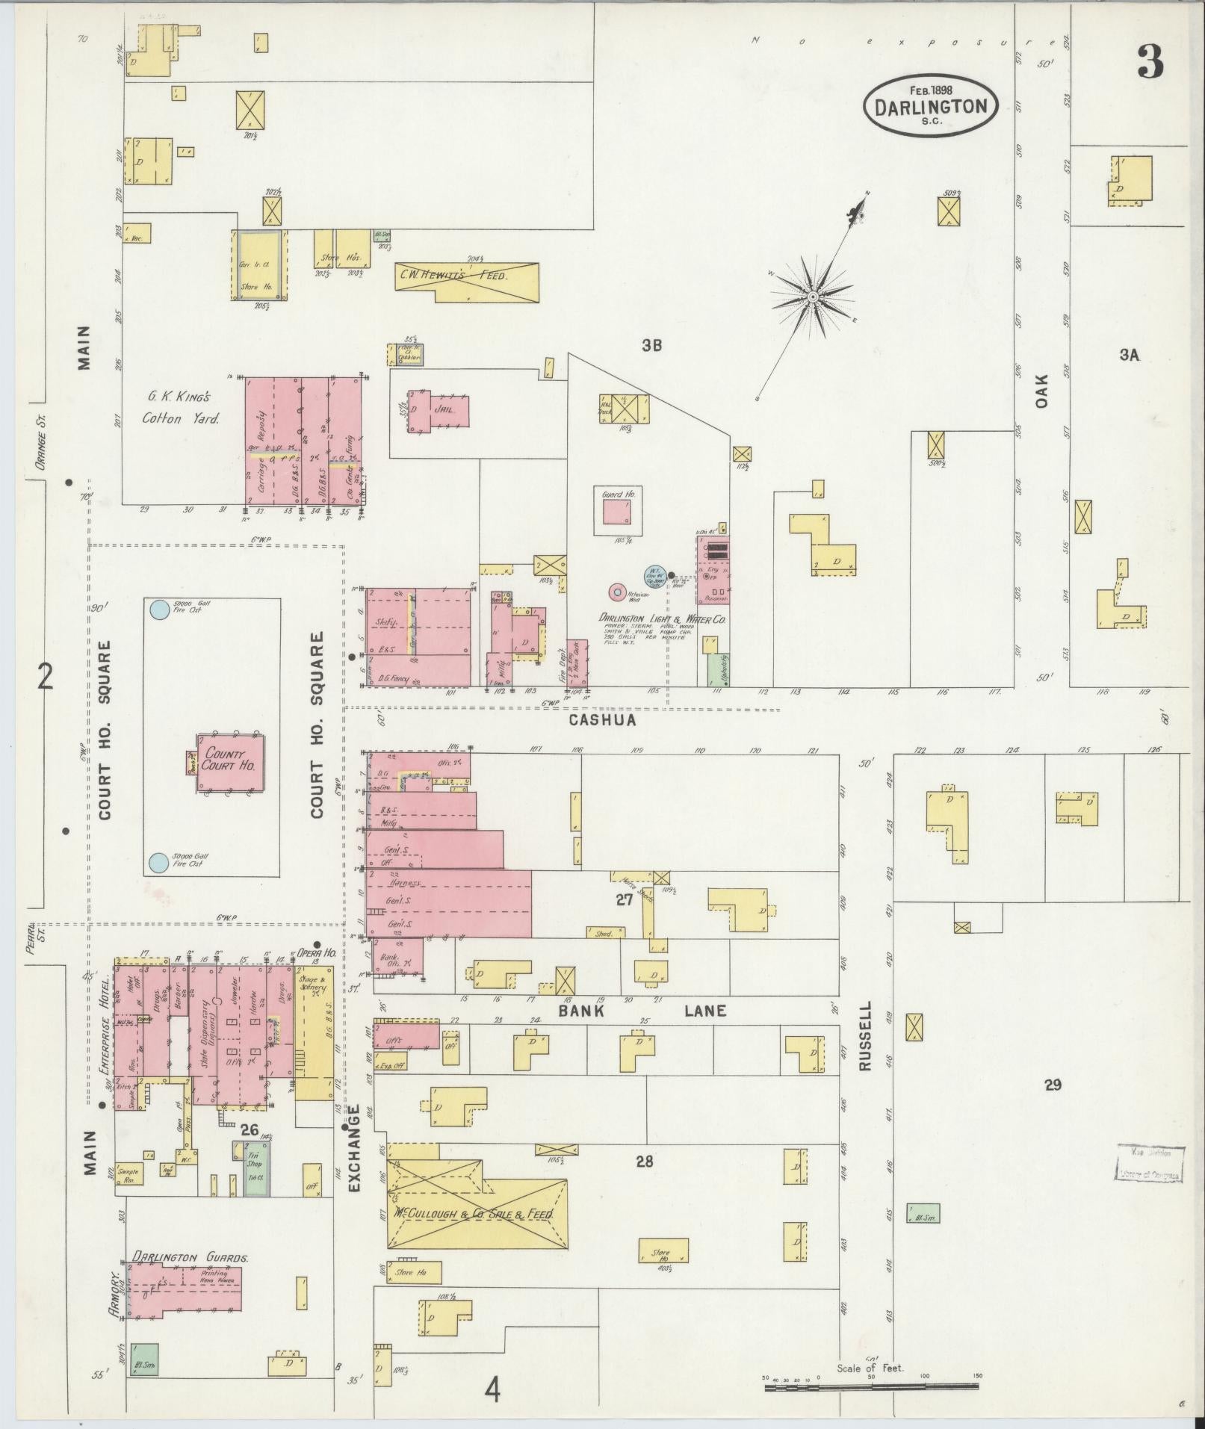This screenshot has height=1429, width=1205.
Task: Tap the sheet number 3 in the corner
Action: pos(1150,61)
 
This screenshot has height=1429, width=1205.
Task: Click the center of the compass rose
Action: pos(812,297)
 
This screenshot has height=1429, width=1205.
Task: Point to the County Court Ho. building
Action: pos(230,761)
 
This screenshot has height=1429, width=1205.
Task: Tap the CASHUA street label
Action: pos(602,720)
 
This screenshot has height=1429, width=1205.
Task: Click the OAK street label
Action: pos(1043,391)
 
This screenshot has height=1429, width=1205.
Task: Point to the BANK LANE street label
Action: pos(642,1011)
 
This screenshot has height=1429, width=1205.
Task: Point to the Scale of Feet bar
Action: pos(871,1388)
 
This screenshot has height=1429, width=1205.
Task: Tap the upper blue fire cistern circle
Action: pos(158,610)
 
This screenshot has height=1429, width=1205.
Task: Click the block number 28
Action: pos(645,1161)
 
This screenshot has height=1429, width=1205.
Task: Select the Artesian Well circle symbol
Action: pos(617,592)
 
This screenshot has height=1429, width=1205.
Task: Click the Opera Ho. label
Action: pos(315,953)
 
